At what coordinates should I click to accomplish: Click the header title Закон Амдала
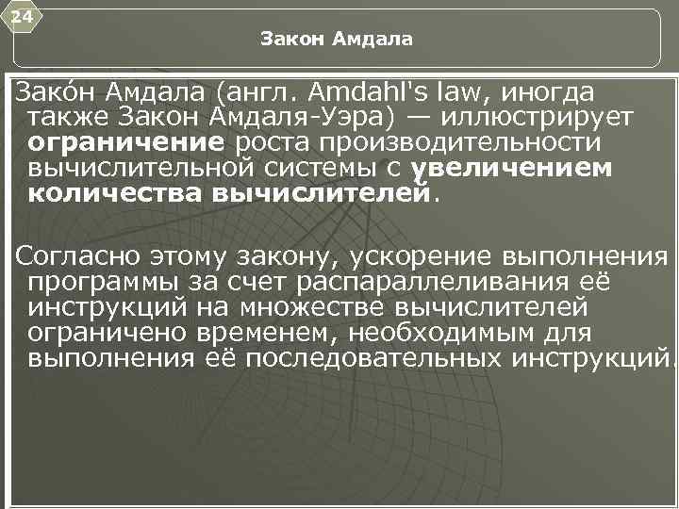[337, 39]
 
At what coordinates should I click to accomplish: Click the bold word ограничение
[126, 143]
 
